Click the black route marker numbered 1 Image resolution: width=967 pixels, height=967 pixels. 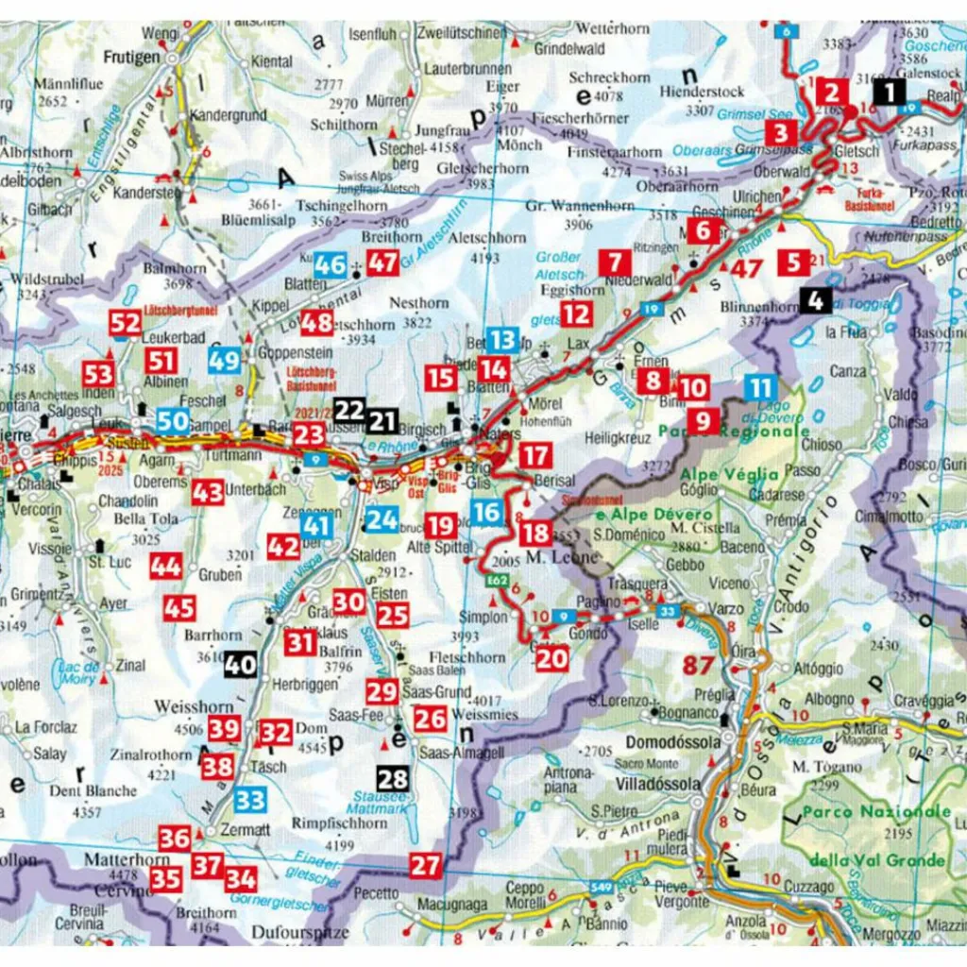coord(888,92)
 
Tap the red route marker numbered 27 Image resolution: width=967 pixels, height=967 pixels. coord(426,865)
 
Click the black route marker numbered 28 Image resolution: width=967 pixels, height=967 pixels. coord(392,779)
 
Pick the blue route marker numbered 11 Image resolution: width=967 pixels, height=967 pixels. coord(760,388)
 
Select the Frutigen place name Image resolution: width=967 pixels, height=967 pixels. coord(132,58)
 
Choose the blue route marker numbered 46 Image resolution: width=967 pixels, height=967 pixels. coord(331,264)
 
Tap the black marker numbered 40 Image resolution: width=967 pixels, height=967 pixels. coord(240,665)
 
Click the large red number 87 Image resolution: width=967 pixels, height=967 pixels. coord(699,666)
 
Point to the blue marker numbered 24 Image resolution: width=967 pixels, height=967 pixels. coord(382,518)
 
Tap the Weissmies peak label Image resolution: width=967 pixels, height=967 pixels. coord(485,715)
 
